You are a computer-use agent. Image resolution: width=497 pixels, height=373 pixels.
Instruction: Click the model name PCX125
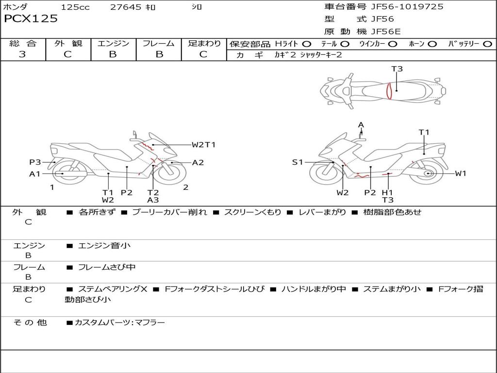pyautogui.click(x=31, y=19)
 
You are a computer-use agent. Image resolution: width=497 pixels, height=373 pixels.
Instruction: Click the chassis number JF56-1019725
pyautogui.click(x=400, y=7)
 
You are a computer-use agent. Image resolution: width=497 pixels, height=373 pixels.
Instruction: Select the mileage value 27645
pyautogui.click(x=126, y=7)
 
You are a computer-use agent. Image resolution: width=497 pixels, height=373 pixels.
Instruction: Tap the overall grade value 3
pyautogui.click(x=22, y=54)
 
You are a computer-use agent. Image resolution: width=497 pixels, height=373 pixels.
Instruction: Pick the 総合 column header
pyautogui.click(x=23, y=43)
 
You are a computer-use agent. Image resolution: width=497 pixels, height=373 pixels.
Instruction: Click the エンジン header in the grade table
pyautogui.click(x=113, y=43)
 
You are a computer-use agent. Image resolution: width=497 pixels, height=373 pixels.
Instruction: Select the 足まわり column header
pyautogui.click(x=204, y=43)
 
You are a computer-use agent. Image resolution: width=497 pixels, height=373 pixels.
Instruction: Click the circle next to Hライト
pyautogui.click(x=307, y=44)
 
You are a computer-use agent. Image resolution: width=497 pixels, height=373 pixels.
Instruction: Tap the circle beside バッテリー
pyautogui.click(x=487, y=44)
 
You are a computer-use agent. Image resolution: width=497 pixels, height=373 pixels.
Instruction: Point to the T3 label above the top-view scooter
pyautogui.click(x=397, y=69)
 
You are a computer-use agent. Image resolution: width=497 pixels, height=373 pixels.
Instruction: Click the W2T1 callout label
pyautogui.click(x=203, y=145)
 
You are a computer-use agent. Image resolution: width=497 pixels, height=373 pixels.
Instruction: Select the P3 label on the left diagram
pyautogui.click(x=35, y=162)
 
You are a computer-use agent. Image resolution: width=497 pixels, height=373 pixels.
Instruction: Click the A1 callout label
pyautogui.click(x=35, y=174)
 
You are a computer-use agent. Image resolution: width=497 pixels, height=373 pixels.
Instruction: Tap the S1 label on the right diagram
pyautogui.click(x=298, y=162)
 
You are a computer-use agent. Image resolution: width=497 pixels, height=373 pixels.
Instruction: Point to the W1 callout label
pyautogui.click(x=460, y=173)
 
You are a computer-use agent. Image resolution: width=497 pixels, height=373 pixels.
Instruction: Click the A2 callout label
pyautogui.click(x=198, y=163)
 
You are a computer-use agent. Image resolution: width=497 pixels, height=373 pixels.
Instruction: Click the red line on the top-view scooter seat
pyautogui.click(x=389, y=91)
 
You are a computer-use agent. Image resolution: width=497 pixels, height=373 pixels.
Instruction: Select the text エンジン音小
pyautogui.click(x=104, y=246)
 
